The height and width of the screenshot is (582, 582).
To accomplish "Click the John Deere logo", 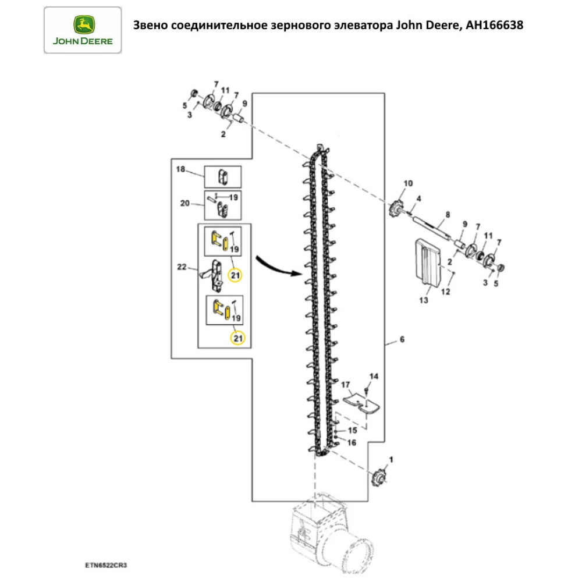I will point(83,30).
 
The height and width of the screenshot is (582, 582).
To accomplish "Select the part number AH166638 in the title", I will point(494,26).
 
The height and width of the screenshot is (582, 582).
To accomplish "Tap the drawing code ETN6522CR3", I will point(106,565).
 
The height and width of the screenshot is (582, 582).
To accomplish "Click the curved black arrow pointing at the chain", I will point(279,265).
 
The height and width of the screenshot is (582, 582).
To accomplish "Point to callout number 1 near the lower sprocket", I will point(391,459).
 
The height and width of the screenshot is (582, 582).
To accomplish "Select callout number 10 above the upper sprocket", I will point(407,183).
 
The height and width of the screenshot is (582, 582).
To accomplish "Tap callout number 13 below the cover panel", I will point(423,301).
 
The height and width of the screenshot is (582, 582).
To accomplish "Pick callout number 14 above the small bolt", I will point(374,377).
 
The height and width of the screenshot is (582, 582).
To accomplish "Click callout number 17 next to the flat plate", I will point(345,384).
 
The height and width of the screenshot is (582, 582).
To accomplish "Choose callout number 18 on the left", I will point(180,169).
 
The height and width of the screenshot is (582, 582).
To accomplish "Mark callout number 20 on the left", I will point(185,203).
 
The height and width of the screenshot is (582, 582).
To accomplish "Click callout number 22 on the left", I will point(181,267).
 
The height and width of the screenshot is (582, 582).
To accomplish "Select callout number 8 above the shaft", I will point(447,215).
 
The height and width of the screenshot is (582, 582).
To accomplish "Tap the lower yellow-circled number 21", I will point(237,338).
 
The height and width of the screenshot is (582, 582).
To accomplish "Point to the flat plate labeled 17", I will point(361,402).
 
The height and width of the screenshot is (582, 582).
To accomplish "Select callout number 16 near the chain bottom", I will point(351,443).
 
